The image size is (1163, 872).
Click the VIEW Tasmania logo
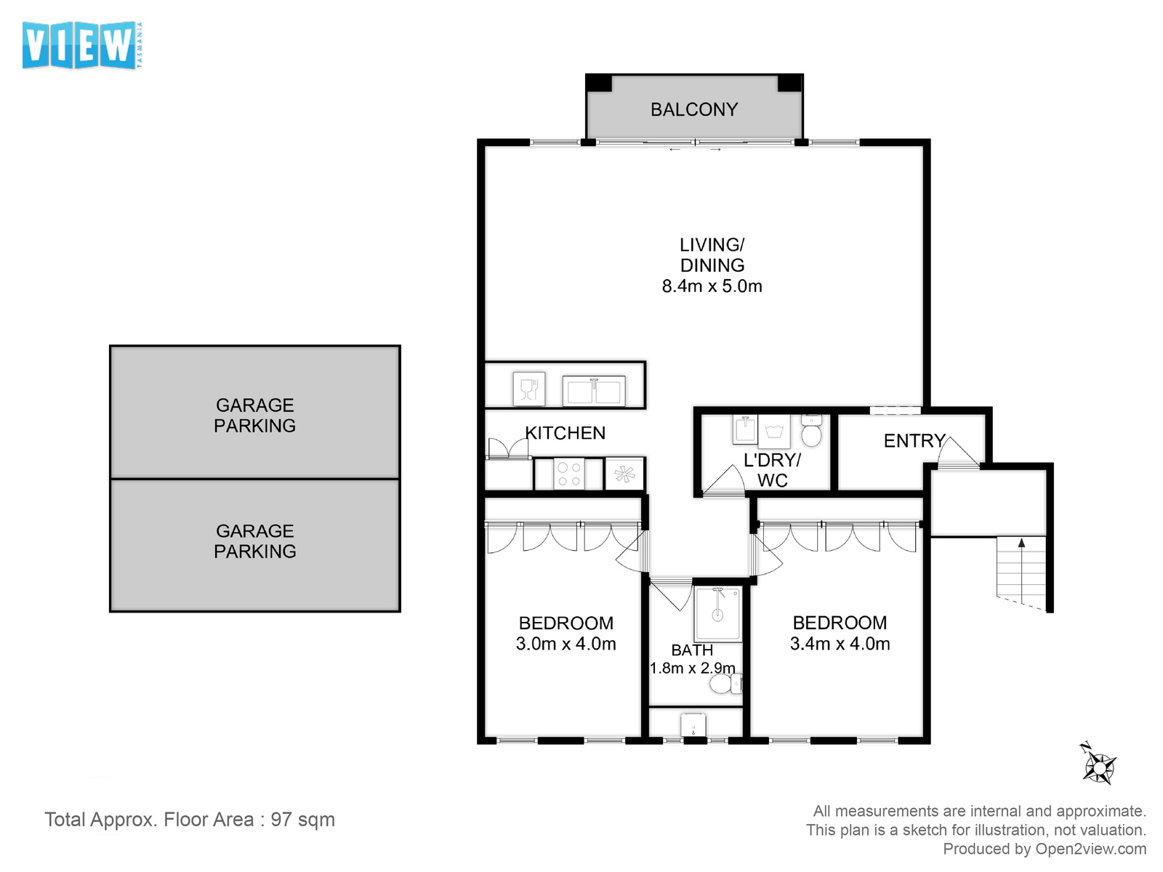83,45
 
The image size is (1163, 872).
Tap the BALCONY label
693,110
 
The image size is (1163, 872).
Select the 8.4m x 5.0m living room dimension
712,286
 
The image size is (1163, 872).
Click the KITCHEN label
565,433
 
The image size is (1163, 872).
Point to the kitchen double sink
593,390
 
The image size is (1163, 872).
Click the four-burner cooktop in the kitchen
569,473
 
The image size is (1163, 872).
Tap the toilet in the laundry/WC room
810,430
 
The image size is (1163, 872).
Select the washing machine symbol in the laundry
774,430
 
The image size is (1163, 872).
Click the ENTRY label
914,440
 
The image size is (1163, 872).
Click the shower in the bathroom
717,613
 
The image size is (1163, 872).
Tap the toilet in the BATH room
725,684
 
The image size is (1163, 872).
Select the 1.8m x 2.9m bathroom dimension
692,668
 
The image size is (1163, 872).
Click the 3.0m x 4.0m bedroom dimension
566,644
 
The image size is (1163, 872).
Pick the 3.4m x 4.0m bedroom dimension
840,644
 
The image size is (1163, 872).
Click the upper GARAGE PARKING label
255,415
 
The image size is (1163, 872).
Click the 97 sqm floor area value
302,820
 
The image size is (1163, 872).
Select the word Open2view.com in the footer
1090,849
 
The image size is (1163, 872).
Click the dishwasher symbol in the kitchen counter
528,389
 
